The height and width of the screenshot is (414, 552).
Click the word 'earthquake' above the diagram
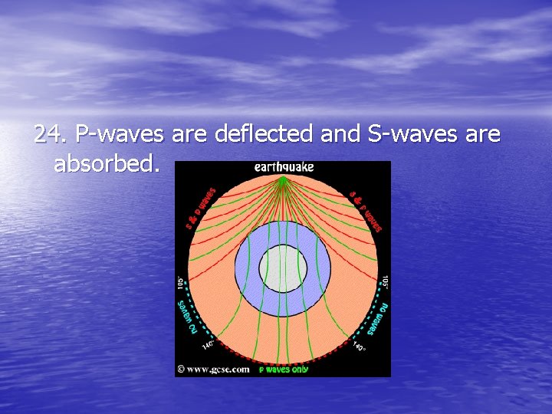(283, 167)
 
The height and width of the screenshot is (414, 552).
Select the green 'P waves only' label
(284, 370)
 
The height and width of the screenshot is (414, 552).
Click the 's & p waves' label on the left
(200, 208)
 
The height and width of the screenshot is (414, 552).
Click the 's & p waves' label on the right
(366, 208)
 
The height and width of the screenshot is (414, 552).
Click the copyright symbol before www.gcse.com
(180, 370)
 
